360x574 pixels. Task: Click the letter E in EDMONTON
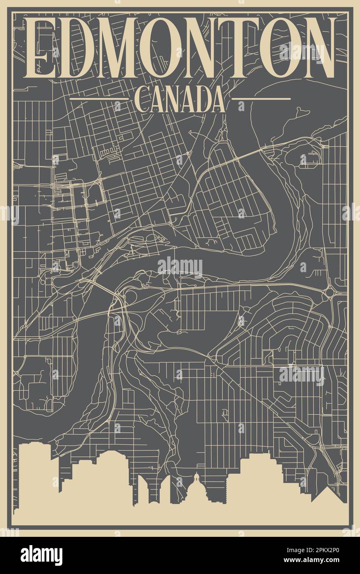[x=41, y=49]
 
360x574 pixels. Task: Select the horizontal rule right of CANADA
[x=261, y=99]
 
